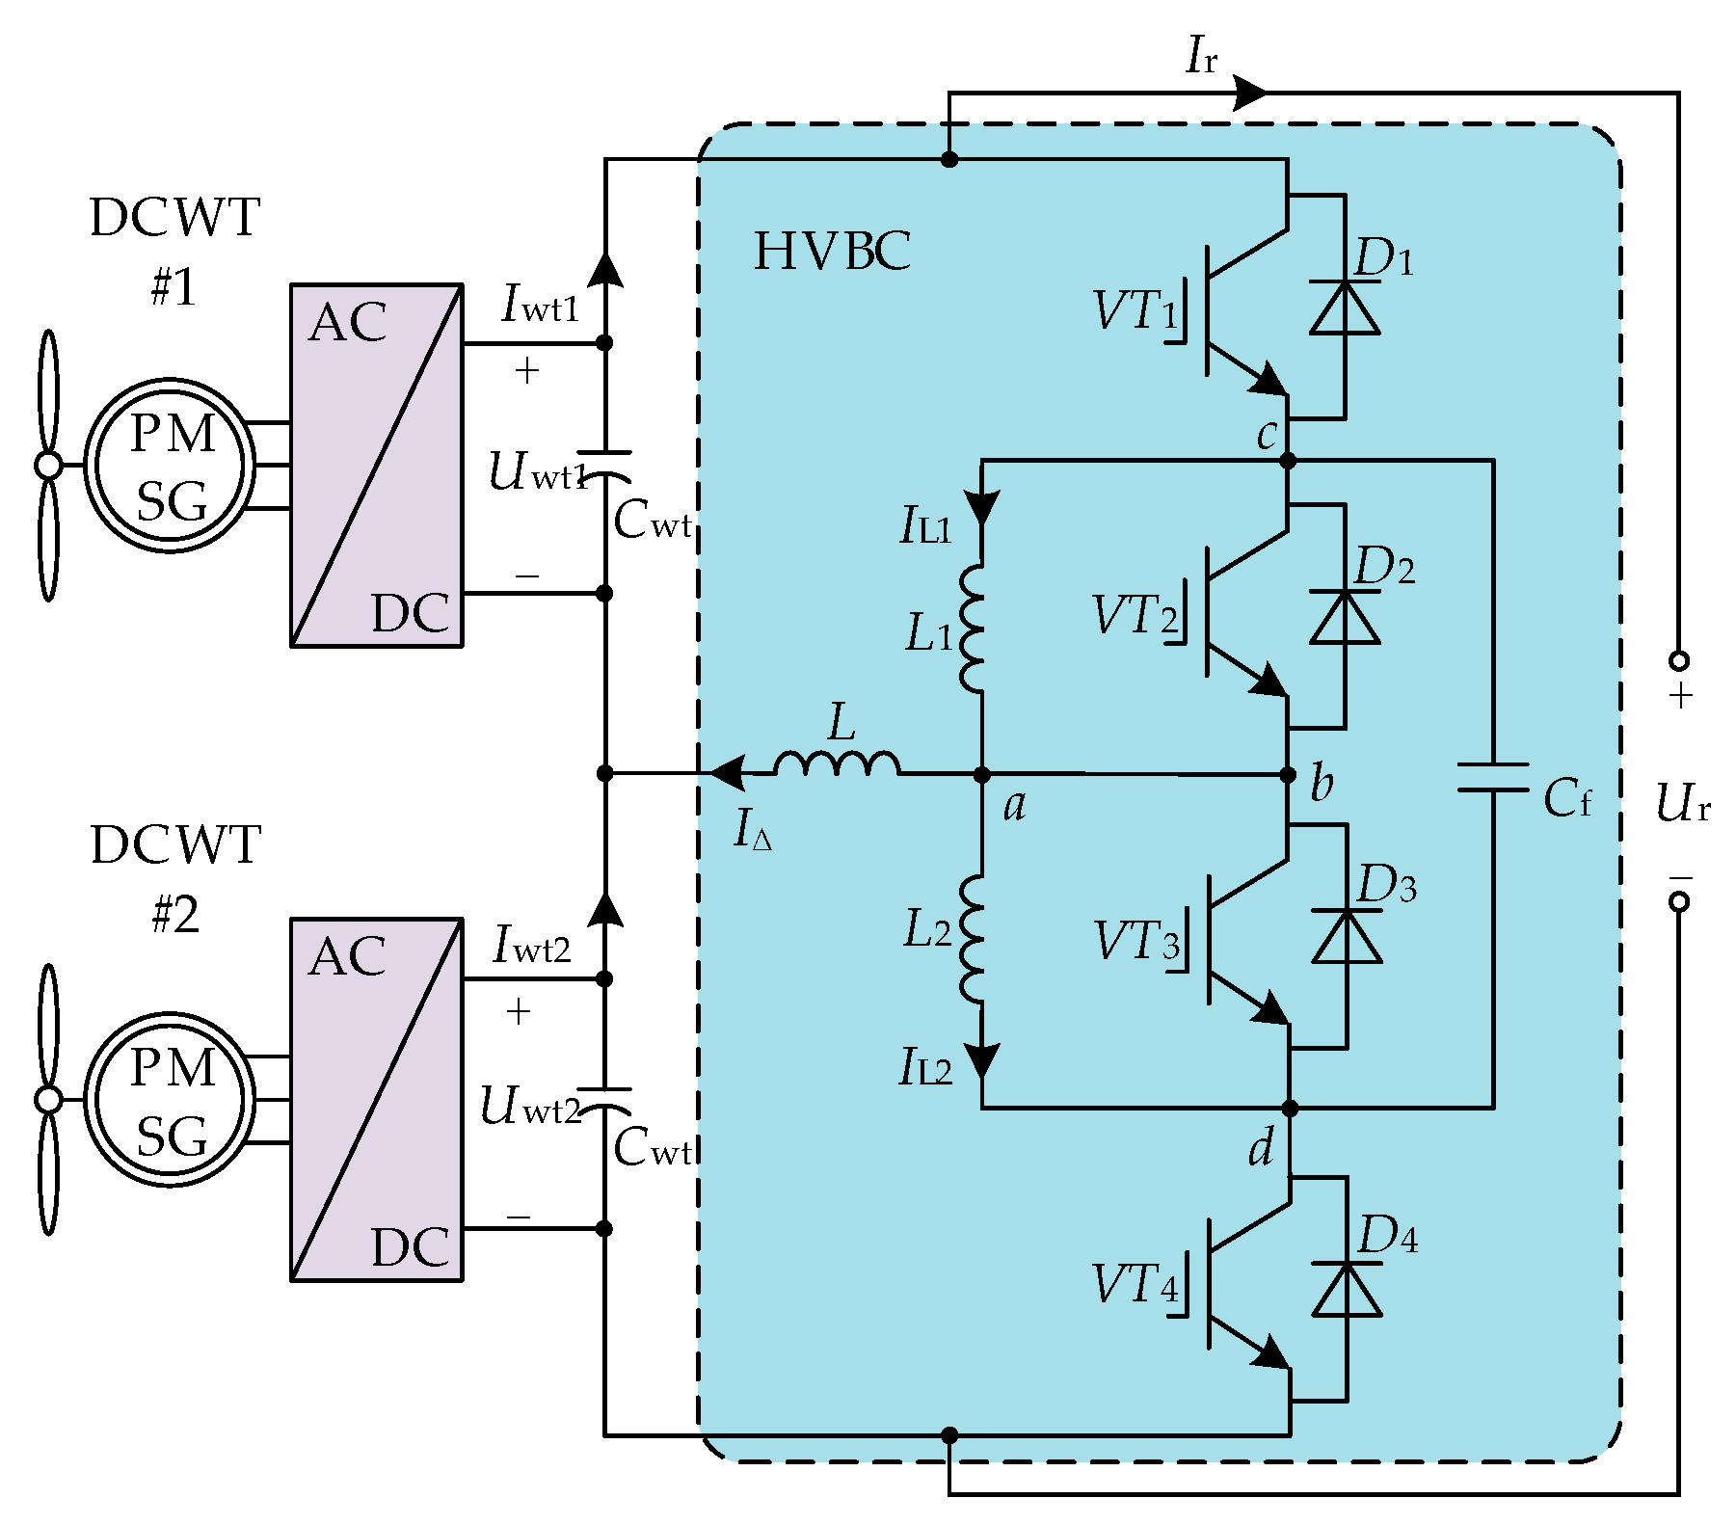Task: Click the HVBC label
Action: [831, 252]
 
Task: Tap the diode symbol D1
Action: [1344, 308]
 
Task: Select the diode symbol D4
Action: [1347, 1290]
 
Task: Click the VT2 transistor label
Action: [1135, 615]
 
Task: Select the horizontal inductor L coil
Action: [837, 764]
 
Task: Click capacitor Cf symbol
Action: [1493, 777]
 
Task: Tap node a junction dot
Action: [982, 774]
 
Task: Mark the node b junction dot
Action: [1288, 774]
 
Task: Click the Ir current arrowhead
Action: [1251, 94]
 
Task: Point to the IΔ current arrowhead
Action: [726, 773]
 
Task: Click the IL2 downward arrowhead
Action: [982, 1060]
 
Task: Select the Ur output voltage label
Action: [1682, 803]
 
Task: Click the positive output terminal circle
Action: [1679, 661]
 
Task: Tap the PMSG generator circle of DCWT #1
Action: [171, 466]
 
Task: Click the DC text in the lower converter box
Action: [410, 1247]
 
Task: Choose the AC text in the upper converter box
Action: [348, 323]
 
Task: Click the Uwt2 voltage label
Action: [530, 1107]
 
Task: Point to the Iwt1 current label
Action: [540, 304]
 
